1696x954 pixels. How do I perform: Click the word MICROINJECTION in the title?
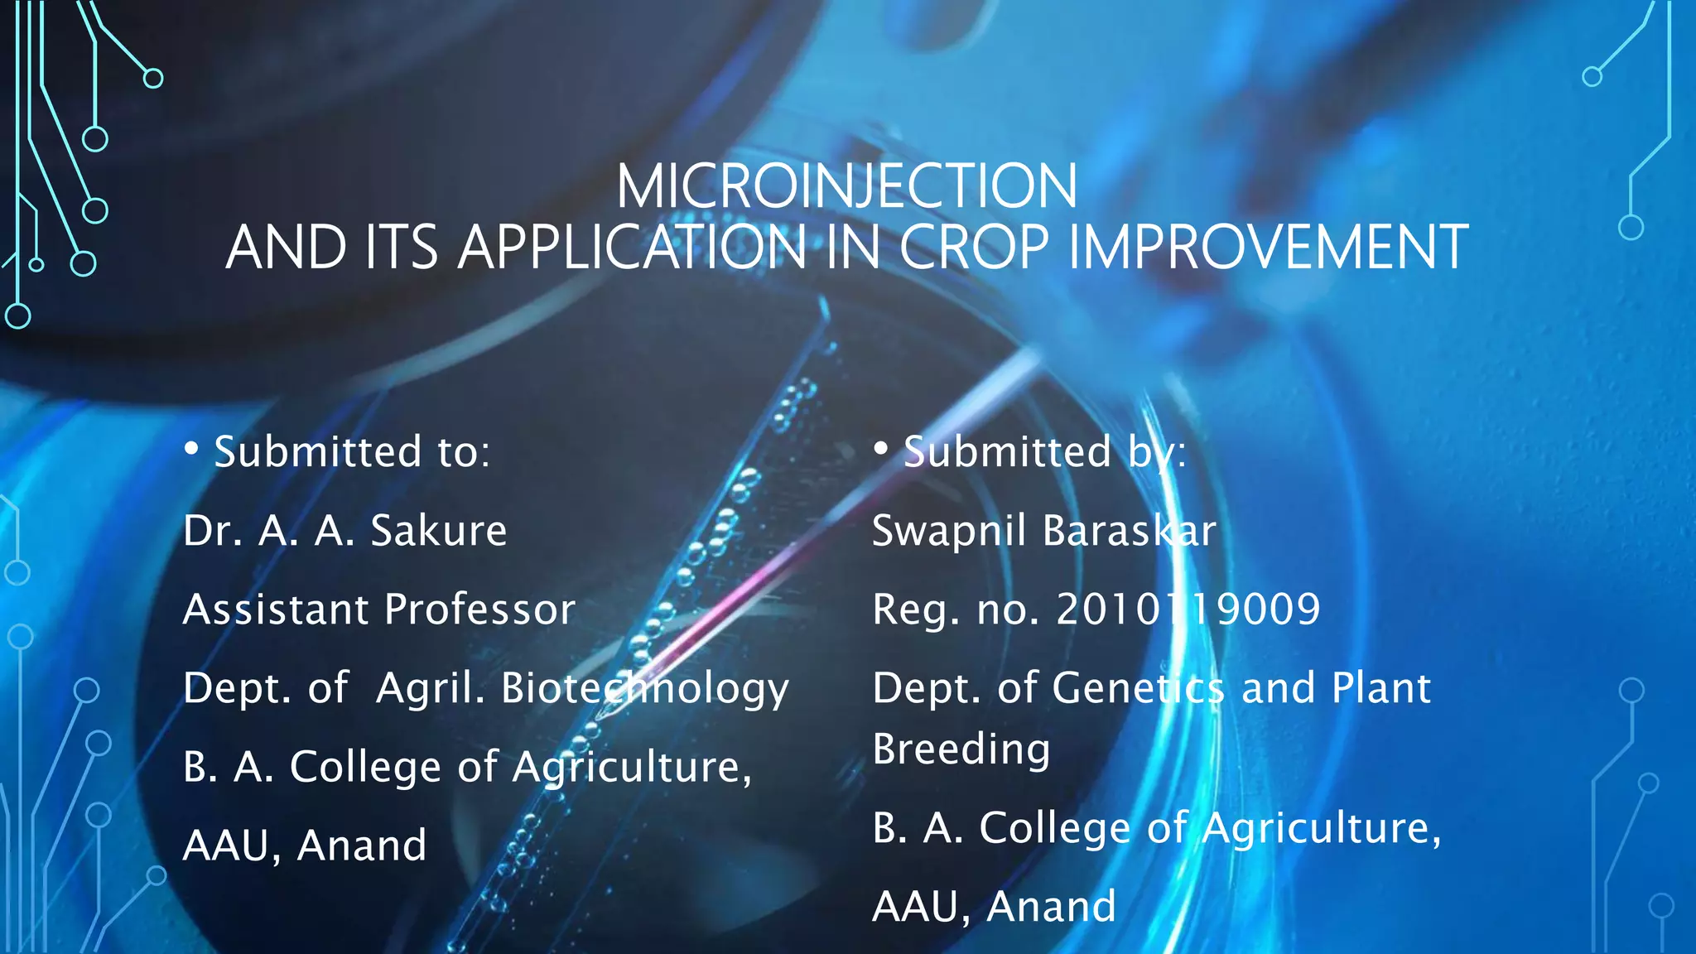tap(846, 186)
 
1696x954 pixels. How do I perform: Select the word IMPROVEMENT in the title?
tap(1268, 248)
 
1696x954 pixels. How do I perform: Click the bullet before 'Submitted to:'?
tap(191, 449)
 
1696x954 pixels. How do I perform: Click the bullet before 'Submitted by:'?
tap(880, 449)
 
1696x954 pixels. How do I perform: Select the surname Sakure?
tap(438, 531)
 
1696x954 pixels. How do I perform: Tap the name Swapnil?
tap(950, 531)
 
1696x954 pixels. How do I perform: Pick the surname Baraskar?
tap(1130, 531)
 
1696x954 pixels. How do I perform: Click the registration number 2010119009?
tap(1188, 609)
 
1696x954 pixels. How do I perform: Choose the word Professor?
tap(479, 609)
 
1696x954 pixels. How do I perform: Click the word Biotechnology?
tap(644, 689)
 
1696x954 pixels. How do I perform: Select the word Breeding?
tap(961, 749)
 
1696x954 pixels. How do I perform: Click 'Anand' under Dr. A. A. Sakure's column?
tap(362, 846)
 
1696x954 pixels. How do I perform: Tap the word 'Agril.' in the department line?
tap(430, 689)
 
